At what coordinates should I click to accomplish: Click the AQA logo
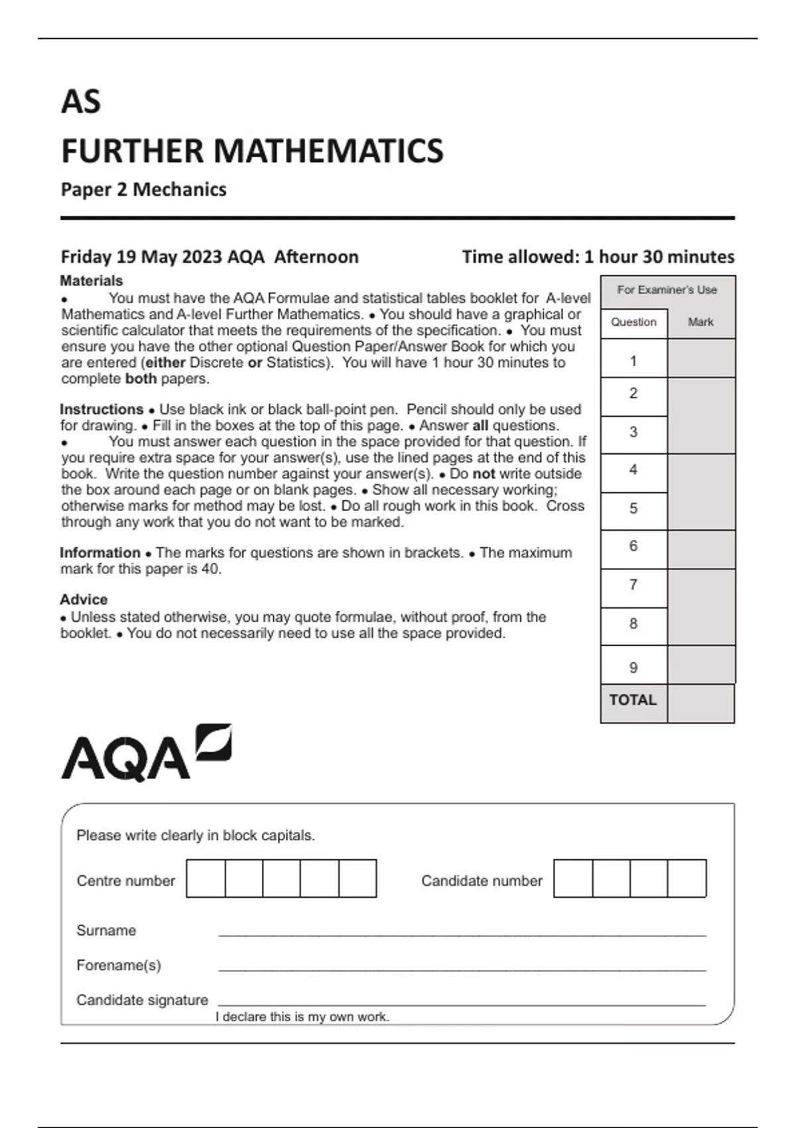pyautogui.click(x=146, y=753)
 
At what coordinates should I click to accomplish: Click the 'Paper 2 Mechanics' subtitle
pyautogui.click(x=143, y=190)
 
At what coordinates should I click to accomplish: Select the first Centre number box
pyautogui.click(x=206, y=879)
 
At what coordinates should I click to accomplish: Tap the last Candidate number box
pyautogui.click(x=687, y=879)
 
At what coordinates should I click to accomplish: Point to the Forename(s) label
pyautogui.click(x=119, y=965)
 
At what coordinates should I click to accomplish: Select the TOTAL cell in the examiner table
pyautogui.click(x=633, y=701)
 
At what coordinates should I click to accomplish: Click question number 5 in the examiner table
pyautogui.click(x=633, y=509)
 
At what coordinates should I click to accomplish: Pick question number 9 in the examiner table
pyautogui.click(x=633, y=668)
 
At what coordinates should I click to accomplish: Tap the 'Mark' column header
pyautogui.click(x=700, y=322)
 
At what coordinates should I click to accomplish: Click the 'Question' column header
pyautogui.click(x=633, y=322)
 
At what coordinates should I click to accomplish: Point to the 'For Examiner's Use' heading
pyautogui.click(x=667, y=290)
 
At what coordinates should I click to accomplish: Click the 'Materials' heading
pyautogui.click(x=92, y=281)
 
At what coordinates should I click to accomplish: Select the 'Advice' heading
pyautogui.click(x=84, y=600)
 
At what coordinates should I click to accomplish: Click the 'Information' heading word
pyautogui.click(x=100, y=553)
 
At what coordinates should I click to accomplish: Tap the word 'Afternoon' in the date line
pyautogui.click(x=316, y=257)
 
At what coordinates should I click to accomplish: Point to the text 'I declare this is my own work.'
pyautogui.click(x=302, y=1017)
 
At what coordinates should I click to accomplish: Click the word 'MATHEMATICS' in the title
pyautogui.click(x=328, y=151)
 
